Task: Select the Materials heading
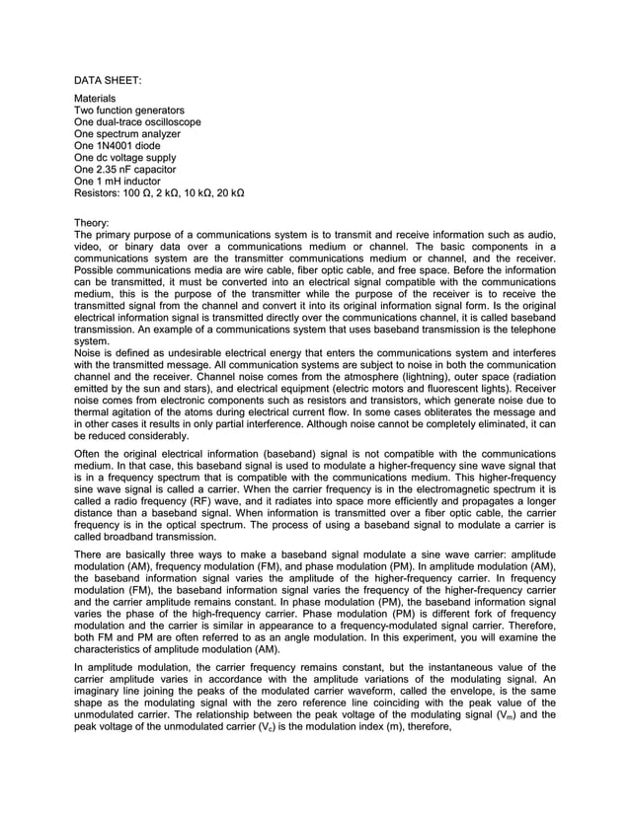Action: pos(95,99)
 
